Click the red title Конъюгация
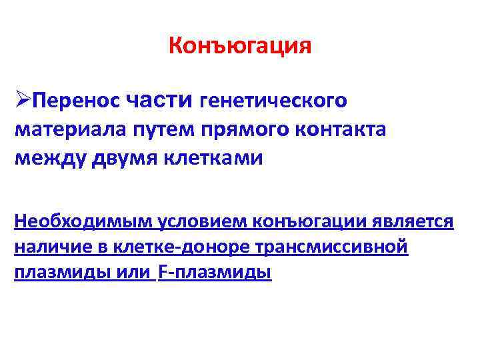click(240, 46)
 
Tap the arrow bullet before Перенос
click(23, 100)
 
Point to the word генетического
click(273, 101)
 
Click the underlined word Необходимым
click(82, 221)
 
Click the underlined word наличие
click(50, 247)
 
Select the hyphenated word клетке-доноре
click(175, 247)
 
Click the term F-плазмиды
click(215, 273)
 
